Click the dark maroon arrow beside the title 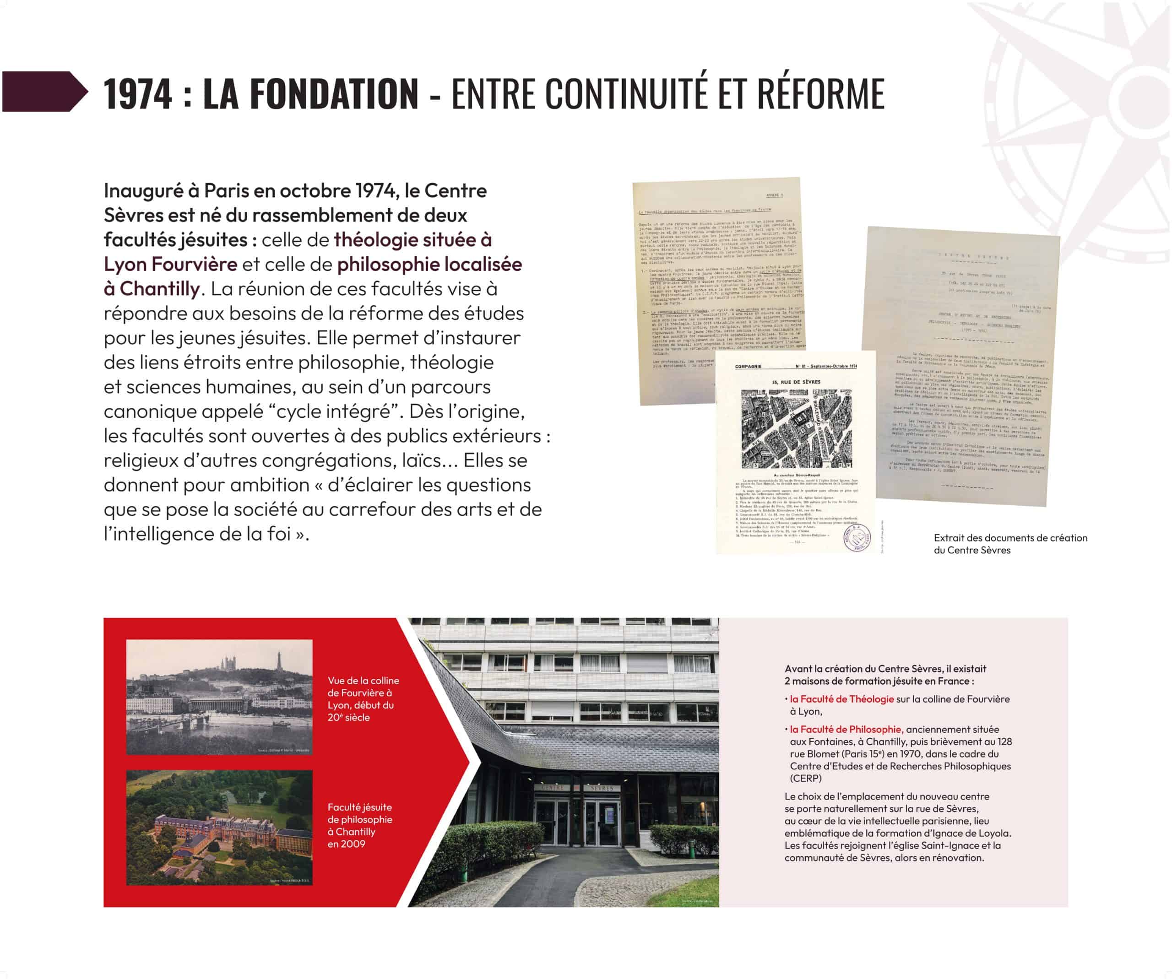(x=45, y=92)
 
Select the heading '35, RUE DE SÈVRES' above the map (x=796, y=382)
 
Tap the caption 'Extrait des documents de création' (x=1010, y=538)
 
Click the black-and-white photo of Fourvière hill (x=219, y=697)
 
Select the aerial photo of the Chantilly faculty (x=219, y=827)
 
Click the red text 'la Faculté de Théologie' (x=841, y=699)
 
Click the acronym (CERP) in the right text (x=805, y=778)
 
